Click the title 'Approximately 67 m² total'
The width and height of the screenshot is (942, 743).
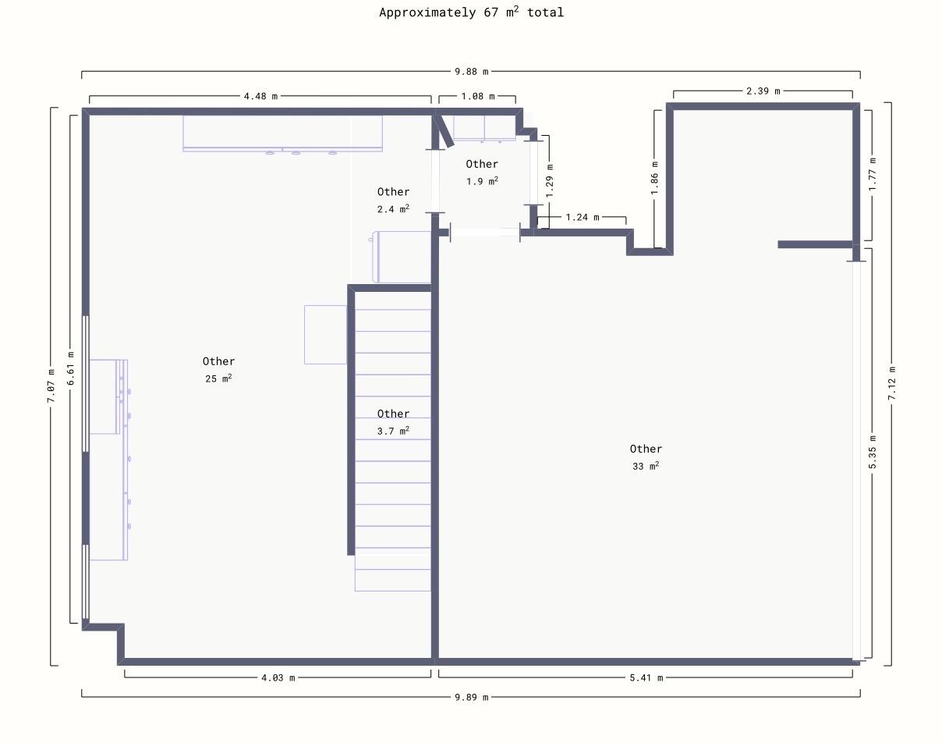pos(472,12)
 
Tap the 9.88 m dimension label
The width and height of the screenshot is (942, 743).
pos(472,71)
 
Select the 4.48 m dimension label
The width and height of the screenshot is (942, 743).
pos(260,96)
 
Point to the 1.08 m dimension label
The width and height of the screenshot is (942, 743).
pos(478,96)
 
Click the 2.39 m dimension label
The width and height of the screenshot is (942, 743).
pos(763,91)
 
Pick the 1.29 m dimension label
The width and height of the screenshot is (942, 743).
pos(550,180)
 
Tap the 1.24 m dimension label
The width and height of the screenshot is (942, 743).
pos(583,217)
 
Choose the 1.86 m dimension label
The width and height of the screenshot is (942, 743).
pos(654,178)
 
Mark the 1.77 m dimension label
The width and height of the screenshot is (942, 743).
pos(873,174)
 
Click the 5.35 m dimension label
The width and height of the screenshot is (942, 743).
pos(873,452)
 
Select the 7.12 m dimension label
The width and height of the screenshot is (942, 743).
pos(891,383)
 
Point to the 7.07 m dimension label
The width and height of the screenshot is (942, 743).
pos(51,386)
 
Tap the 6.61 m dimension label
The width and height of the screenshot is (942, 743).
pos(70,368)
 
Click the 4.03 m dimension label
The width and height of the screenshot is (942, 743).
pos(278,677)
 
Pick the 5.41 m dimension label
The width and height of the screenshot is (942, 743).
pos(646,677)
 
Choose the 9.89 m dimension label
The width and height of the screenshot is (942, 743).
pos(472,697)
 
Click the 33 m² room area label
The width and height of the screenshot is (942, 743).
pos(646,466)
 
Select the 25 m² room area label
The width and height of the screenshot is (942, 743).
pos(218,378)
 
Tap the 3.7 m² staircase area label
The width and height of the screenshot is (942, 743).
pos(393,430)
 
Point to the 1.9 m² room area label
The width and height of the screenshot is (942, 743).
pos(482,180)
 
